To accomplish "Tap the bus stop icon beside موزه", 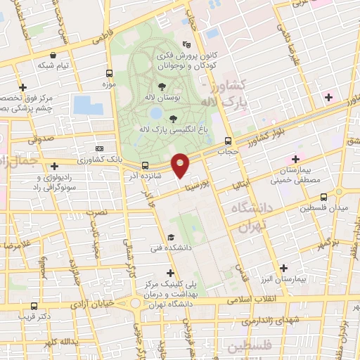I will point(108,73).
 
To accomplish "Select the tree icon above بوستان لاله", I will point(162,86).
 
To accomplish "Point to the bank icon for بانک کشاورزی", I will point(99,149).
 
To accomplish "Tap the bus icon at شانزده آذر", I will point(146,165).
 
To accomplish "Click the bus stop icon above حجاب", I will point(227,140).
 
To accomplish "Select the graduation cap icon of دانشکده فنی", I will point(171,237).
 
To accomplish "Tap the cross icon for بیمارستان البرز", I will point(283,267).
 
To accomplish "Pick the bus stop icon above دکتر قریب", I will point(34,305).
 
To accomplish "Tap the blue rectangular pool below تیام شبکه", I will point(87,105).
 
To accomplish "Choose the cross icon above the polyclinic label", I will point(169,272).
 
